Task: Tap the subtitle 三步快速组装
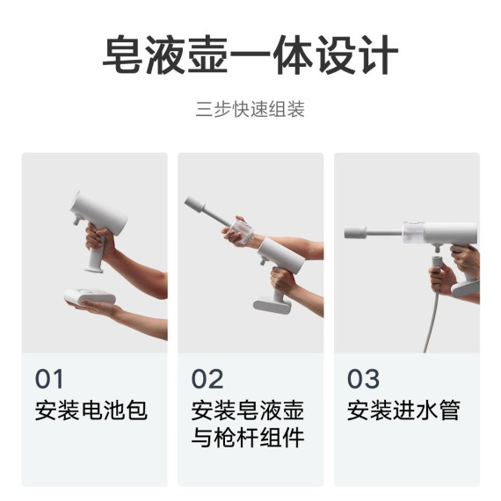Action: [250, 112]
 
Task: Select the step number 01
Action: [50, 380]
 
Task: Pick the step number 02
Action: [207, 380]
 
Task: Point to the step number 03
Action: [363, 380]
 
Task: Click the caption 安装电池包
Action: [91, 410]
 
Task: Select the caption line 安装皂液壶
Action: [248, 410]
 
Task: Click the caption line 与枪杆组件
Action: [248, 437]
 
